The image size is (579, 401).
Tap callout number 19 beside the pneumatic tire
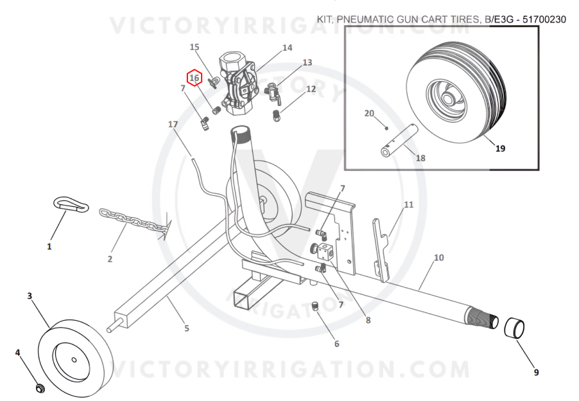click(x=500, y=148)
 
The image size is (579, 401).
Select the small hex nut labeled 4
click(x=40, y=388)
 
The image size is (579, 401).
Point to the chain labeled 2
click(x=133, y=222)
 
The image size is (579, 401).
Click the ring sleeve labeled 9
click(x=514, y=328)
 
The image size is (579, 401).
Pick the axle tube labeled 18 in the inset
click(x=399, y=141)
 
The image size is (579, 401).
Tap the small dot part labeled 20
click(x=386, y=129)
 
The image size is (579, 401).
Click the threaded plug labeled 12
click(x=277, y=115)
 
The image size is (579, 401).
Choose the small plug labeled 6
click(x=315, y=307)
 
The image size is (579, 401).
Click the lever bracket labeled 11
click(x=381, y=250)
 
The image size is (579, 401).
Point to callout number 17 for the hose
click(x=173, y=124)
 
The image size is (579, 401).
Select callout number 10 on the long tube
click(x=438, y=257)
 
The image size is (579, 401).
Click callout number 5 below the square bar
click(x=187, y=328)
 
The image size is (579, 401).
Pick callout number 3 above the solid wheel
click(x=30, y=296)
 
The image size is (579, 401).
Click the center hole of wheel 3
click(x=74, y=360)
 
